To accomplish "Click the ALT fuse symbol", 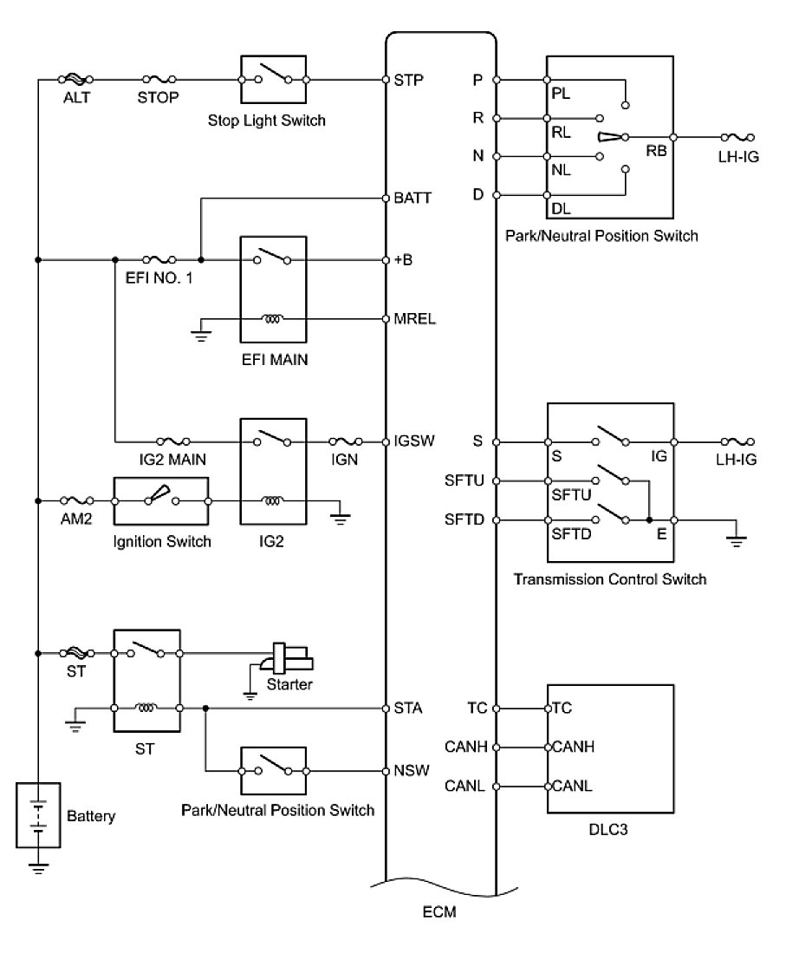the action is pos(75,80).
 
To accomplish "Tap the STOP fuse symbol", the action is pos(159,80).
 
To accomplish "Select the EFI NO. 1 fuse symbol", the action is pos(159,259).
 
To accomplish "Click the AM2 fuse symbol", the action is pos(77,500).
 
